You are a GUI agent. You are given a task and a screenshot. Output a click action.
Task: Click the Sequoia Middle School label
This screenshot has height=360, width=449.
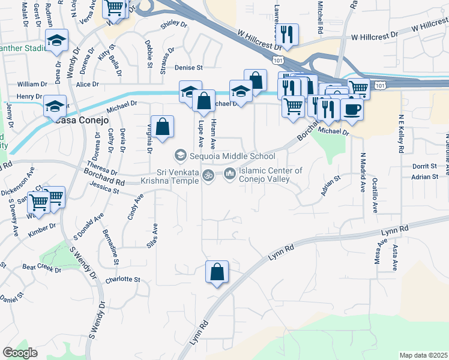point(232,157)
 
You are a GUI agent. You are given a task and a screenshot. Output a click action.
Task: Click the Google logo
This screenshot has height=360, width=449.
point(20,352)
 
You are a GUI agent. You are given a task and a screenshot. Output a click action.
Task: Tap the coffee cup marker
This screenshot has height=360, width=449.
point(351,110)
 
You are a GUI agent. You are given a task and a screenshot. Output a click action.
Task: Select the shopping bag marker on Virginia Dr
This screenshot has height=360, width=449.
point(162,127)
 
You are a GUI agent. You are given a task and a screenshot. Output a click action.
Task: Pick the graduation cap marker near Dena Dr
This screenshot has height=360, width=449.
point(57,41)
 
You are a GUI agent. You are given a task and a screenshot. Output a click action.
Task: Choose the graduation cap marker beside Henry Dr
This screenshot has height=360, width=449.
point(55,107)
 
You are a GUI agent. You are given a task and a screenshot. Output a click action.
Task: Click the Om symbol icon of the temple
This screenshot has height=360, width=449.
point(208,176)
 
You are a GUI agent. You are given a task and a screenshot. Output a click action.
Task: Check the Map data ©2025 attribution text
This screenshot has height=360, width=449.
point(423,355)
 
